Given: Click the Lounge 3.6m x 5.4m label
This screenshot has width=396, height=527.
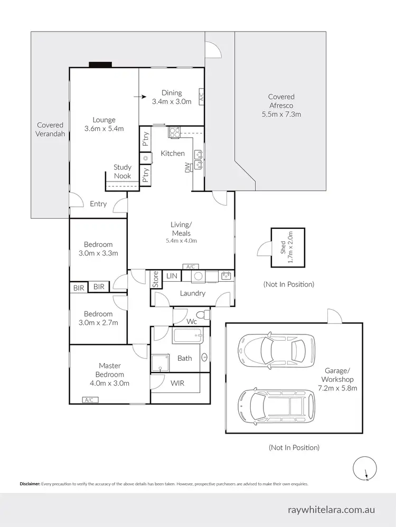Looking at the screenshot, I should pos(104,124).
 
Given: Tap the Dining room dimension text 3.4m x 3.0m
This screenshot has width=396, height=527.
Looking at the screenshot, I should pos(172,101).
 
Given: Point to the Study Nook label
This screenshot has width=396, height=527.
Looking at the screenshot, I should pos(122,171).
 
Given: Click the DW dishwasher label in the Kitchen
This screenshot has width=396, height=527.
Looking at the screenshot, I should pos(187,168).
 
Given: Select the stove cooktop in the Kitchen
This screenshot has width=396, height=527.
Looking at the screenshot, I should pos(175,133).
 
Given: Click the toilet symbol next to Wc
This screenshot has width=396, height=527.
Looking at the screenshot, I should pos(206,315).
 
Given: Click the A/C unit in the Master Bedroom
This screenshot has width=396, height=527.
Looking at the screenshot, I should pos(89,400).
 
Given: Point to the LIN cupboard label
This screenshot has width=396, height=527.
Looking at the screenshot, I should pos(172,275).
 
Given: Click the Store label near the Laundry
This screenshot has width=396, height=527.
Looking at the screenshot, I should pos(156,279).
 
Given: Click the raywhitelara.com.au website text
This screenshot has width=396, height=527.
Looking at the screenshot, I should pos(331,510).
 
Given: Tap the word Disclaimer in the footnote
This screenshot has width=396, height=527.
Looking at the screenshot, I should pos(30,484).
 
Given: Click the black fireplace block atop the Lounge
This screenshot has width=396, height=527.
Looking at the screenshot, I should pos(100,65).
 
